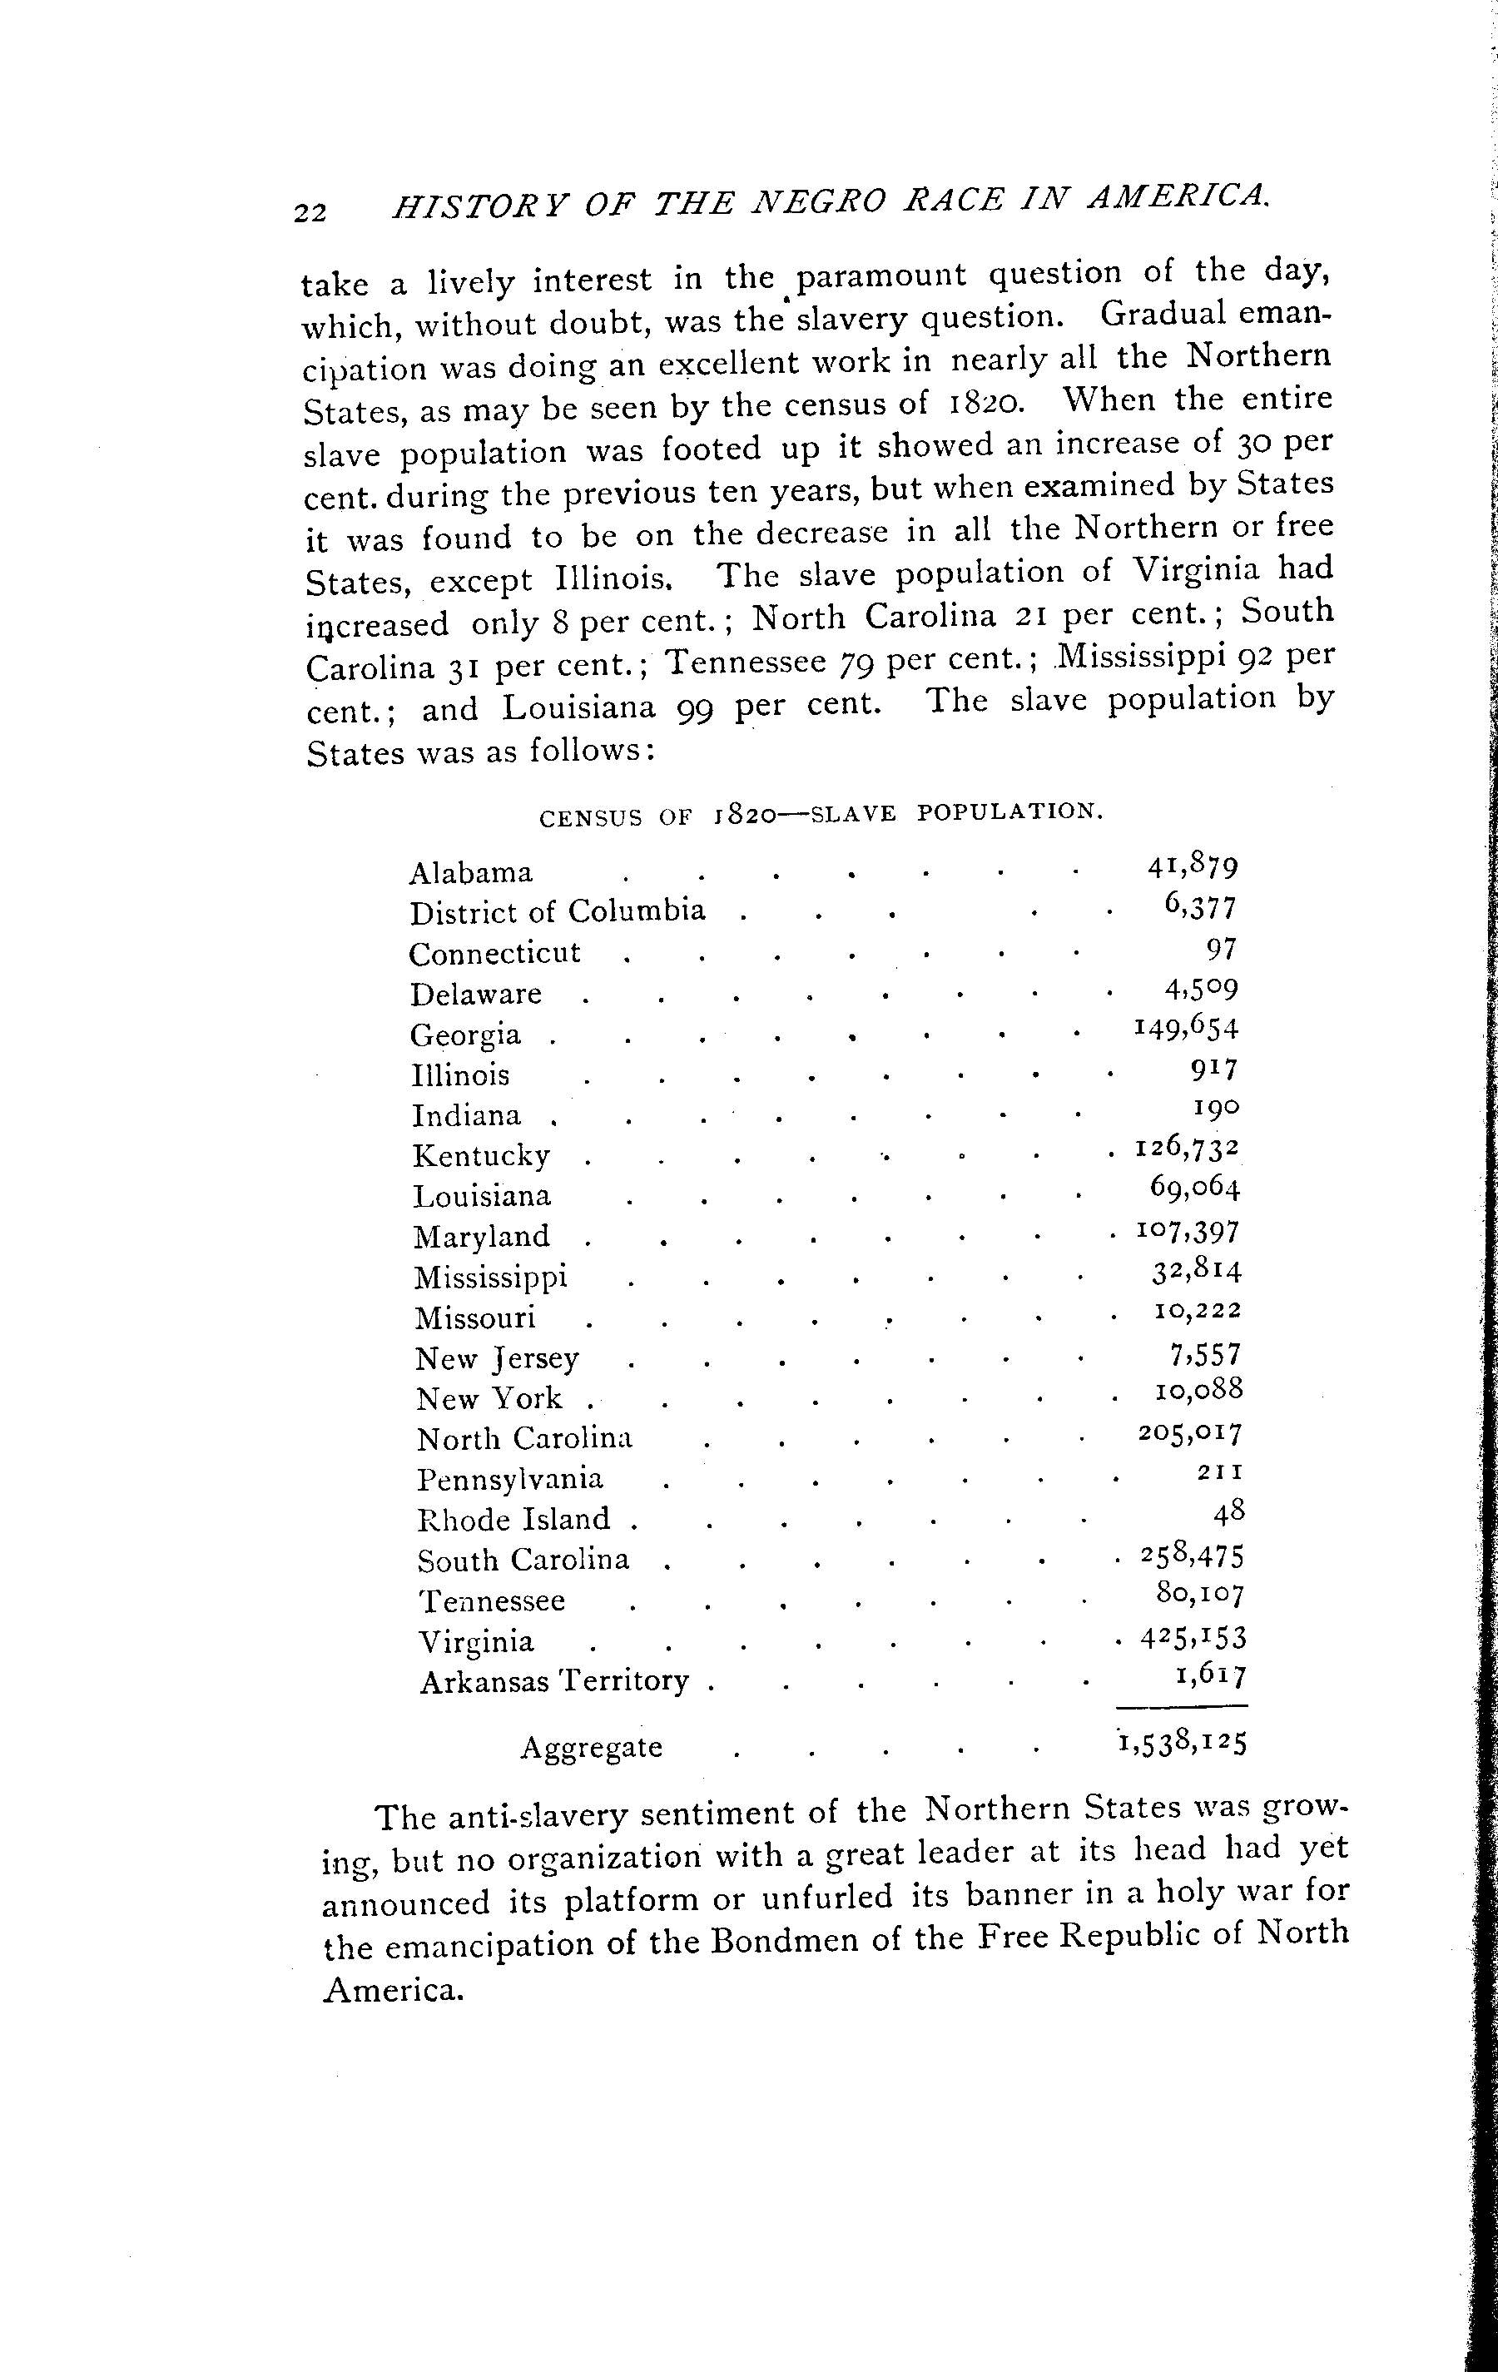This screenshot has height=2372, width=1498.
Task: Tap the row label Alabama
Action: point(471,873)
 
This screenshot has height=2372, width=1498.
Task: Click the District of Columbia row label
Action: point(558,912)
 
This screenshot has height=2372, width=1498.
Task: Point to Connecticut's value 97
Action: point(1221,949)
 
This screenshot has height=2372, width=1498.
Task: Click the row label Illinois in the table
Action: point(460,1074)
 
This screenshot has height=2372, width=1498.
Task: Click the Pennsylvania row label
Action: point(510,1480)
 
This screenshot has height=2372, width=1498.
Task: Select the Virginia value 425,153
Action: point(1193,1638)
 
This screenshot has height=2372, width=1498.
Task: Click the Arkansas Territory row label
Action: point(554,1680)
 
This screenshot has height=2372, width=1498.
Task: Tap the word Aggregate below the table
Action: point(591,1748)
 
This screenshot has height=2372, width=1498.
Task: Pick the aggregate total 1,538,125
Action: point(1183,1744)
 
